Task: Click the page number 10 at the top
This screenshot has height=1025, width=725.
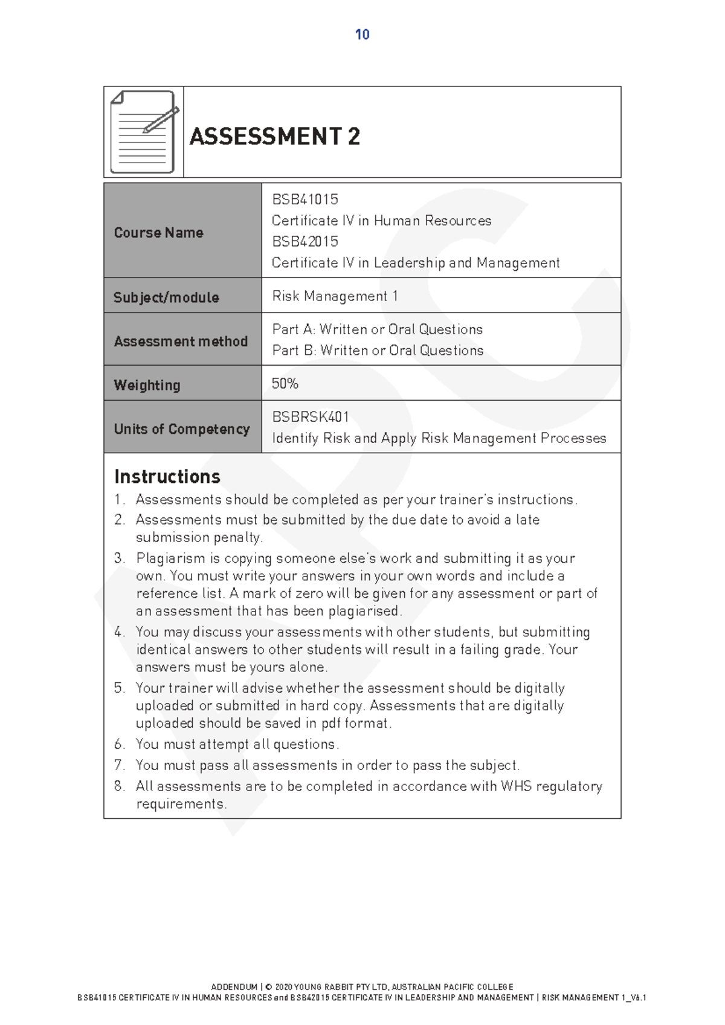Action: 362,34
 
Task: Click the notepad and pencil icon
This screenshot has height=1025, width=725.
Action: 144,132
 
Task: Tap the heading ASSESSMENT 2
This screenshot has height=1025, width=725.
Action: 275,136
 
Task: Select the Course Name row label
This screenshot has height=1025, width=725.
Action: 158,233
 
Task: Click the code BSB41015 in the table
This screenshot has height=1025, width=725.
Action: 304,199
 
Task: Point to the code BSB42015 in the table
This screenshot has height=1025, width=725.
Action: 304,242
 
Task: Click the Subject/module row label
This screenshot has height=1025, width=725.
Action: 166,297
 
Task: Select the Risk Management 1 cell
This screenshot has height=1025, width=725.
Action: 335,296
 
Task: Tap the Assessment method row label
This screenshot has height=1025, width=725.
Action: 181,341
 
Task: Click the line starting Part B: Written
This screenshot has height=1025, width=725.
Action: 378,351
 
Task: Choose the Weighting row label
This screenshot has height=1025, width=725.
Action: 147,385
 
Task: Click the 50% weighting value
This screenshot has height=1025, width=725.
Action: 285,384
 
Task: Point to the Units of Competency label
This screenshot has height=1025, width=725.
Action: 181,429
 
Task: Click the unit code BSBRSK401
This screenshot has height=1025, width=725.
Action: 310,417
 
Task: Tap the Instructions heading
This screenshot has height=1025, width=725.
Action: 167,476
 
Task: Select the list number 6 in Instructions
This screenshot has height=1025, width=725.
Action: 119,745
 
